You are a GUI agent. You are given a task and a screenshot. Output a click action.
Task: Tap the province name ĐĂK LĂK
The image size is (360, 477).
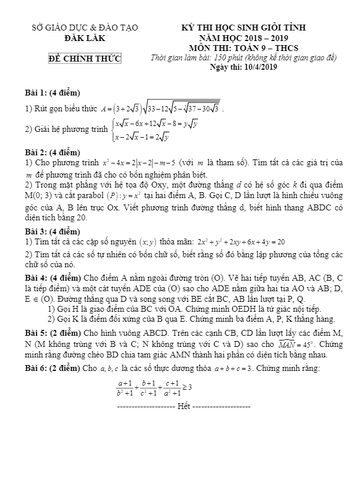coord(84,38)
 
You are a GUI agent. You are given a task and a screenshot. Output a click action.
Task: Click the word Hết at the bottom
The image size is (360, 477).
coord(184,406)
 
